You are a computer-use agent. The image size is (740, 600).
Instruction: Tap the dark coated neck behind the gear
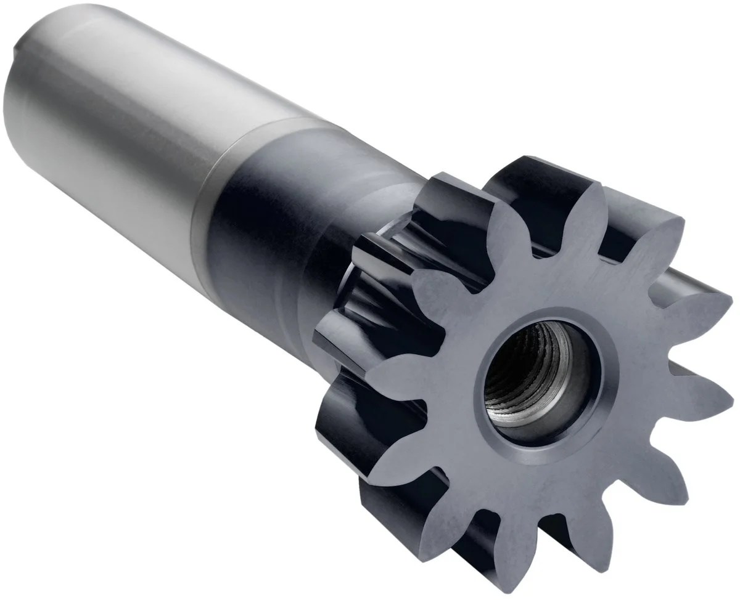click(265, 216)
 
